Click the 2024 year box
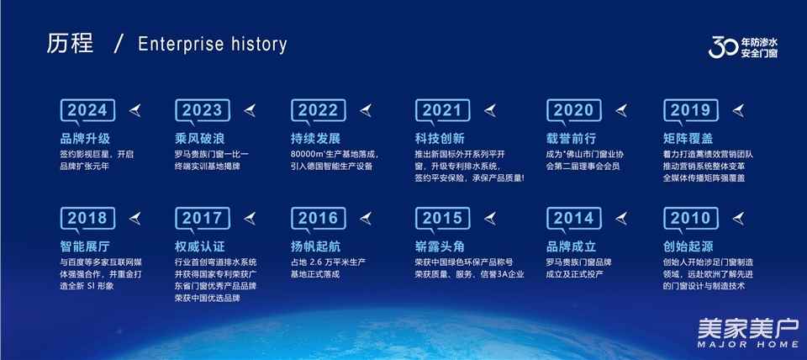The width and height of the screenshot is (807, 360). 87,110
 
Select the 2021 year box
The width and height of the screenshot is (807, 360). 443,110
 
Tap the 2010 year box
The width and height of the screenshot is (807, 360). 691,219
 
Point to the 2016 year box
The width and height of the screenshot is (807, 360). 318,219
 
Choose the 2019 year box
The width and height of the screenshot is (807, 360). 691,110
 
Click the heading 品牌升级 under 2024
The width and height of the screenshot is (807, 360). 85,139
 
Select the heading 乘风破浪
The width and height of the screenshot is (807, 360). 200,139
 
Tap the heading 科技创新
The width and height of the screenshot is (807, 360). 440,139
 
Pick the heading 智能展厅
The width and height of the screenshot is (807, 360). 85,246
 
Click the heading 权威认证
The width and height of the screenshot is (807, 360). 200,246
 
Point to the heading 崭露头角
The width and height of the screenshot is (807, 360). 440,246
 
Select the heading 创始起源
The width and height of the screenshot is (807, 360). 688,246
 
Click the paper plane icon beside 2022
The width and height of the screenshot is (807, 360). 366,110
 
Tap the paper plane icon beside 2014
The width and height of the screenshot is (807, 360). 621,219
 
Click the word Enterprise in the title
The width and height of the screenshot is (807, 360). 178,45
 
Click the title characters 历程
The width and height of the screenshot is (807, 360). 70,44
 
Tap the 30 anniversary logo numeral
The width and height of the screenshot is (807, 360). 724,47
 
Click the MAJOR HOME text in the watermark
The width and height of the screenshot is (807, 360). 748,344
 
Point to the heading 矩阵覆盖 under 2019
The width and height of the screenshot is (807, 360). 688,139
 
